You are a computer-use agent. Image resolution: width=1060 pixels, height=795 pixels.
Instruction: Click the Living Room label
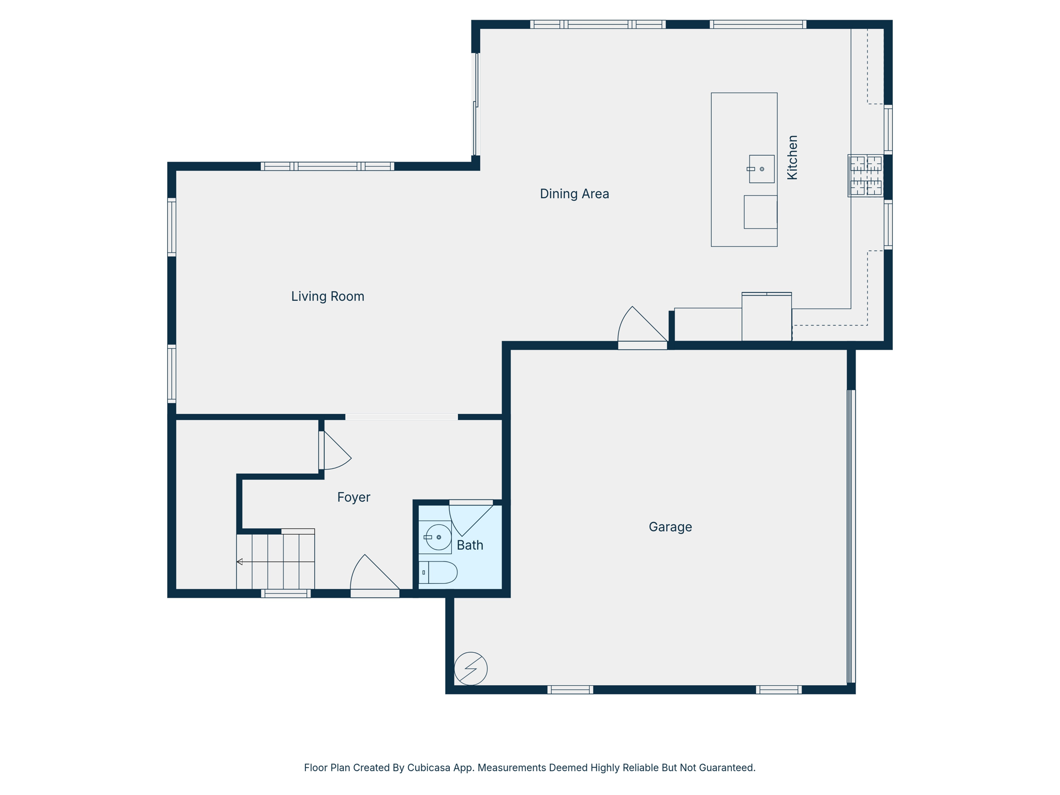click(328, 297)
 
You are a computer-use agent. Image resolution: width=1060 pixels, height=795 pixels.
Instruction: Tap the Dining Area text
click(574, 194)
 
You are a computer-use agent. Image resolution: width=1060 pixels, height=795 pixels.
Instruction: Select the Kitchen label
click(792, 157)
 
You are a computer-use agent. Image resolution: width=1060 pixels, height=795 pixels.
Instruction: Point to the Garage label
click(670, 527)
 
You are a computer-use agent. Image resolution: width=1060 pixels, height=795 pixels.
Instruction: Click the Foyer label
click(354, 497)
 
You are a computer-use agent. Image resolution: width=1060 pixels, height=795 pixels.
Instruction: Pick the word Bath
click(470, 545)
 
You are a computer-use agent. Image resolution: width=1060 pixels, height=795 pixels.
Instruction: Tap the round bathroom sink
click(438, 537)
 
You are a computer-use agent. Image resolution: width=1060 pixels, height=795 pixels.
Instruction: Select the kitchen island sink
click(761, 169)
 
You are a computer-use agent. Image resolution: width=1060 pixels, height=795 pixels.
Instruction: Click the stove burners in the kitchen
click(865, 175)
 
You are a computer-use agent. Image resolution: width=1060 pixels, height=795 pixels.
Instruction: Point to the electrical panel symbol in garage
click(470, 668)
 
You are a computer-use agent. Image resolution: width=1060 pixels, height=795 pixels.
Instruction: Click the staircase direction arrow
click(240, 562)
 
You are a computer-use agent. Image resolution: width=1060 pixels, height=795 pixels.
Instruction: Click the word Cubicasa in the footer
click(427, 768)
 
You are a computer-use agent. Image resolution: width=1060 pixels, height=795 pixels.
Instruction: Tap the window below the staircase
click(286, 594)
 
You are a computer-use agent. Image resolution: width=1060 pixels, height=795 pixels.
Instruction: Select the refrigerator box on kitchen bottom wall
click(766, 317)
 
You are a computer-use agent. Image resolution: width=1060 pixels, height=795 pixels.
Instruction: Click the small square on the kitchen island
click(760, 212)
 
